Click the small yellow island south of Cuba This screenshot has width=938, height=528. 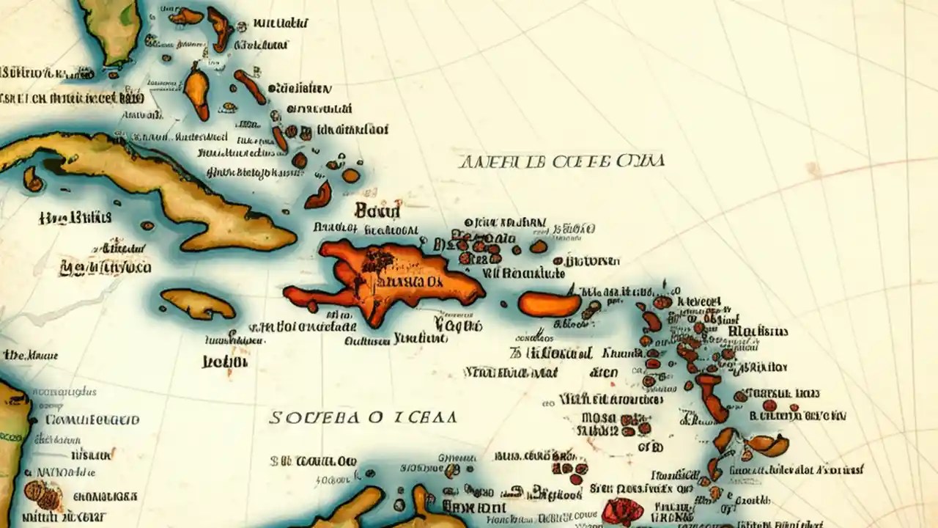[x=196, y=302]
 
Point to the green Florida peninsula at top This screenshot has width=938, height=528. [x=110, y=29]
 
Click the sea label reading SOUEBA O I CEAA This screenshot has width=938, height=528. [x=363, y=417]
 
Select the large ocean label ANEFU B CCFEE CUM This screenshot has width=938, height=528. [x=561, y=161]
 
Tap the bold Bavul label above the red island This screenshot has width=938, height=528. [x=377, y=211]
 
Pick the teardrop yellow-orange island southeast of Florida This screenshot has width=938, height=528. [x=196, y=92]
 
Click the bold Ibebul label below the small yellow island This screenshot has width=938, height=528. [x=224, y=362]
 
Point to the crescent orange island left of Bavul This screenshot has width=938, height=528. [x=319, y=196]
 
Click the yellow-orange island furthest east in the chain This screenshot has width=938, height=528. [x=768, y=444]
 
